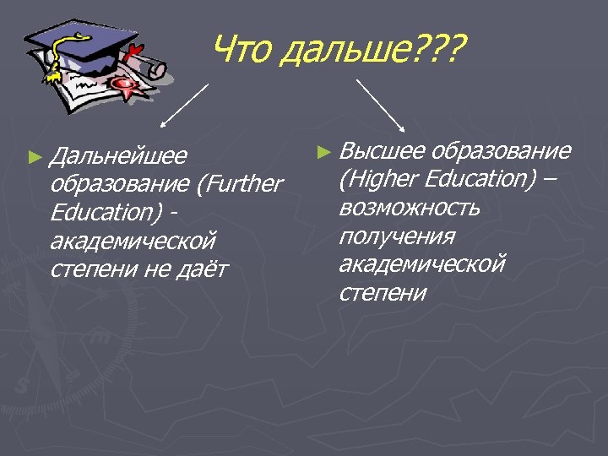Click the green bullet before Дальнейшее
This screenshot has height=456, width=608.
pos(34,156)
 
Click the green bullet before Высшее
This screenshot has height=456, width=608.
pos(321,152)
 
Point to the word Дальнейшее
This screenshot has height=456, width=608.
pos(117,156)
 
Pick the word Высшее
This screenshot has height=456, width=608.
pos(381,151)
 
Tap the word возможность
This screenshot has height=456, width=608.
pos(409,208)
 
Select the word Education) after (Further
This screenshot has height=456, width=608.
pos(106,213)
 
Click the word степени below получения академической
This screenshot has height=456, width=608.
pos(383,293)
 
